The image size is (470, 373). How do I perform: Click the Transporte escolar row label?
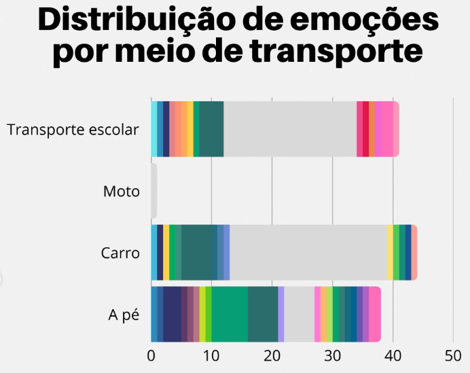[x=73, y=129]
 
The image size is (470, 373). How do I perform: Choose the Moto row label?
[x=122, y=191]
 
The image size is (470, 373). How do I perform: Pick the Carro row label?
[x=120, y=253]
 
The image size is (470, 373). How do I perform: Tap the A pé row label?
[x=124, y=315]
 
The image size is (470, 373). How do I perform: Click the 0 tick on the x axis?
[x=151, y=355]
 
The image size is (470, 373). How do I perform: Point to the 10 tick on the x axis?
[x=211, y=355]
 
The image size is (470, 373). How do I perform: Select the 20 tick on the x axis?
[x=272, y=355]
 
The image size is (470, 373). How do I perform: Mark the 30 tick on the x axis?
[x=332, y=355]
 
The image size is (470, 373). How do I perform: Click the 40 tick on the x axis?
[x=393, y=355]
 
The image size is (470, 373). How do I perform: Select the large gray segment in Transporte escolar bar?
[x=290, y=129]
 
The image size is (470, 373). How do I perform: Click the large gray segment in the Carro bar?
[x=308, y=252]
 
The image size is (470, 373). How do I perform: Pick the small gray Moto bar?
[x=153, y=191]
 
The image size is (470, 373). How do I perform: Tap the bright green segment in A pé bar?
[x=230, y=314]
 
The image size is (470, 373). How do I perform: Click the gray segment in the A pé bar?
[x=299, y=314]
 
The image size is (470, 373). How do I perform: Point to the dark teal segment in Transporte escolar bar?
[x=211, y=129]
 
